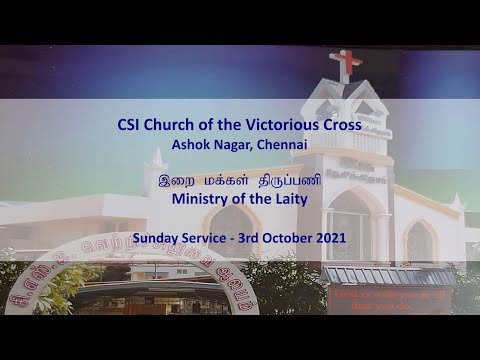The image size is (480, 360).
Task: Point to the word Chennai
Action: pos(283,147)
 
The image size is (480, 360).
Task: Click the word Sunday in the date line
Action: pos(154,240)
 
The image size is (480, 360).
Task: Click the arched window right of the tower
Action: pos(420,241)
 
